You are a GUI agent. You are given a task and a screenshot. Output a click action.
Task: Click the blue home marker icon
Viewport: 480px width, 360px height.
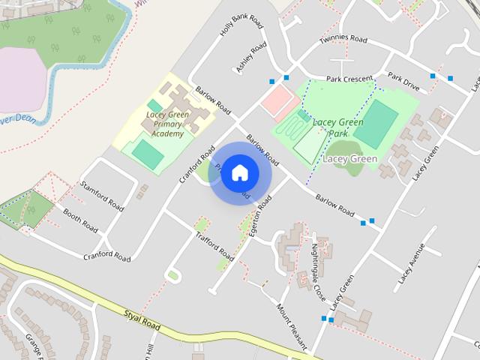pyautogui.click(x=239, y=173)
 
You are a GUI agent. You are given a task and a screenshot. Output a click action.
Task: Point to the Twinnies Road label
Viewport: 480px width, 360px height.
pyautogui.click(x=343, y=38)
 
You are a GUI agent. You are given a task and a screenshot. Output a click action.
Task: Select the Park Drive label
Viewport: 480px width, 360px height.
pyautogui.click(x=403, y=81)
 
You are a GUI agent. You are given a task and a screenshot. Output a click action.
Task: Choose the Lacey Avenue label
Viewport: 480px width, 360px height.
pyautogui.click(x=412, y=263)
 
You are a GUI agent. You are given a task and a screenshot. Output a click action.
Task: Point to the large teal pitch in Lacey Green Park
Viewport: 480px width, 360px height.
pyautogui.click(x=376, y=124)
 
